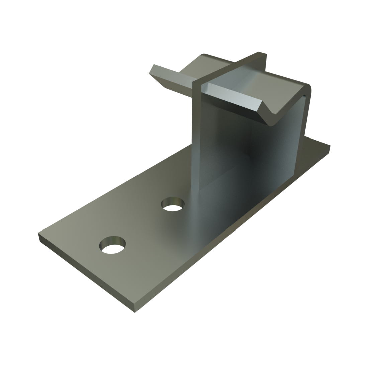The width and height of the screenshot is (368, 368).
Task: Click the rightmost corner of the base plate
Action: coord(330,146)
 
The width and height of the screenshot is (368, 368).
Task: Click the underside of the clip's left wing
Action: coord(167,82)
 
